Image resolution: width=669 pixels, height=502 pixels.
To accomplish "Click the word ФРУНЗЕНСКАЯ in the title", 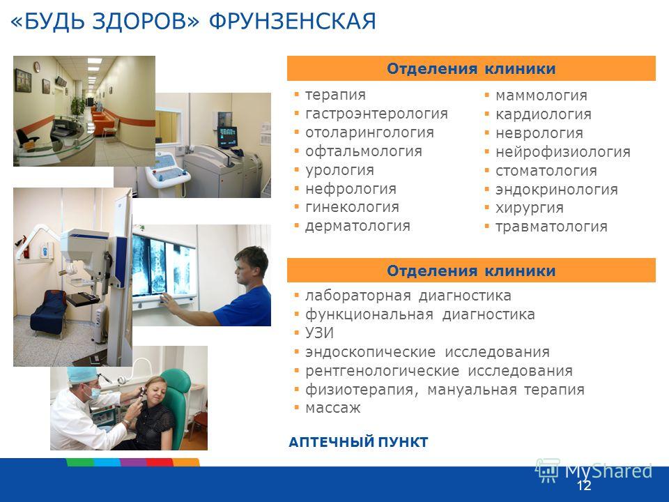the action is (292, 22).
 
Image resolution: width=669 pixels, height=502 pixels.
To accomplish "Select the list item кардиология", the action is (543, 114).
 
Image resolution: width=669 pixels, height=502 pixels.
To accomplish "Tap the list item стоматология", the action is (546, 171).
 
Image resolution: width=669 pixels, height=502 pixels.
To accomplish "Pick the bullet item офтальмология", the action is (364, 151).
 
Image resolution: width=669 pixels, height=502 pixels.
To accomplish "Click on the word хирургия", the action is (530, 208).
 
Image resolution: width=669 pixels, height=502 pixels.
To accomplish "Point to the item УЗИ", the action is (319, 333).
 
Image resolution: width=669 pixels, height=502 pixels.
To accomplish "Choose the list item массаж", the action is (333, 408).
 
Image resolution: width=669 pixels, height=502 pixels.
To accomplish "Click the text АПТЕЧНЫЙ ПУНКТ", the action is (358, 442).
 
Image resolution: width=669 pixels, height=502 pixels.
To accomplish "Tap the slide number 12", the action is (584, 486).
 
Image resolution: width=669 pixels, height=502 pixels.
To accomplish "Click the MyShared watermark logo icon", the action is (548, 471).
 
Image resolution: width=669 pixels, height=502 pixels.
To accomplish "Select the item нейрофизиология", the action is (563, 152).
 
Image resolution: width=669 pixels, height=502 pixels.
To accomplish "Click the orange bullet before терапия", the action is (297, 94).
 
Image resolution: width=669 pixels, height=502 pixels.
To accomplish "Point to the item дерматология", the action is (357, 226).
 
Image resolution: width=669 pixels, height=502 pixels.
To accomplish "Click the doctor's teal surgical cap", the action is (82, 375).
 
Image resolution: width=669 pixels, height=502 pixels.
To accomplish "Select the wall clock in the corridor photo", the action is (37, 67).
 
